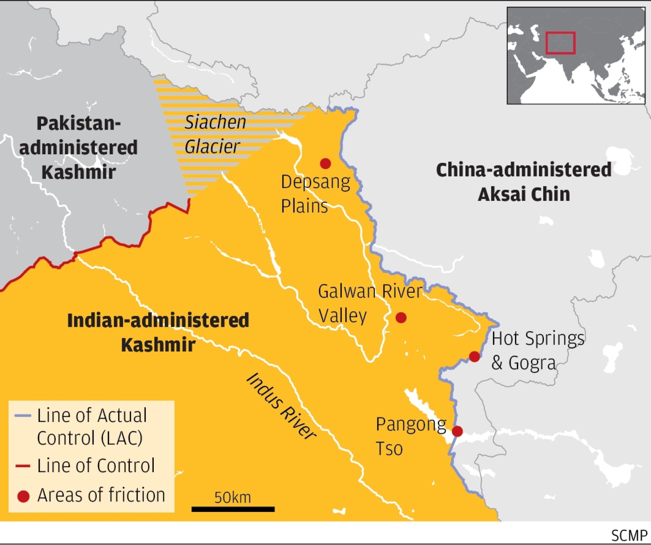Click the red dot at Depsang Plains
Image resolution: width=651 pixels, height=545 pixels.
tap(325, 163)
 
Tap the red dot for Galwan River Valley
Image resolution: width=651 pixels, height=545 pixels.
tap(401, 317)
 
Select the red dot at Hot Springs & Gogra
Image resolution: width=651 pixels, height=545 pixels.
tap(474, 357)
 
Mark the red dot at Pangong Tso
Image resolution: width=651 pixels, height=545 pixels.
tap(457, 431)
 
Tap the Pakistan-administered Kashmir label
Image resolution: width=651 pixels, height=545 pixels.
tap(78, 147)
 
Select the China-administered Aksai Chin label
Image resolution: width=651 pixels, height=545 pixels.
tap(524, 182)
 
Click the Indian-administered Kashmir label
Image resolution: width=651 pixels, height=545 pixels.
tap(158, 332)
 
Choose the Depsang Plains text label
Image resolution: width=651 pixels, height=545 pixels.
tap(315, 194)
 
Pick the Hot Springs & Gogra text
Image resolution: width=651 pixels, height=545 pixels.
tap(537, 351)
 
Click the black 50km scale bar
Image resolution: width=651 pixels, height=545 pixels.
tap(233, 509)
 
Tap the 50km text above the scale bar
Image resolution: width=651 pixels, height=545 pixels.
tap(233, 497)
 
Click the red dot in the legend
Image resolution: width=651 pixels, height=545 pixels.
tap(23, 496)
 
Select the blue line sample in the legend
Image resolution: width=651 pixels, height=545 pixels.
tap(23, 416)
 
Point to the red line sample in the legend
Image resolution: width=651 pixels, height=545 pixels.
tap(23, 466)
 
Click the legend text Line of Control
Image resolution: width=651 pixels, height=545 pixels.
tap(96, 465)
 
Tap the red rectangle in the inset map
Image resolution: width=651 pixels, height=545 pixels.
tap(560, 43)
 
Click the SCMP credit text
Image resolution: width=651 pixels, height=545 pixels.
tap(629, 536)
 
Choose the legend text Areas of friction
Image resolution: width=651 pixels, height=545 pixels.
tap(101, 495)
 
